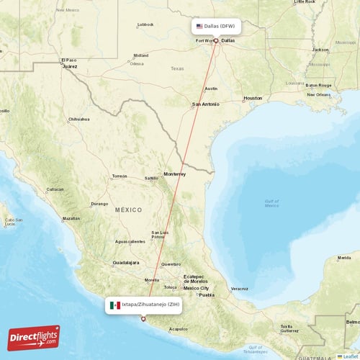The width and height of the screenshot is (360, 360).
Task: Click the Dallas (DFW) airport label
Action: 220,26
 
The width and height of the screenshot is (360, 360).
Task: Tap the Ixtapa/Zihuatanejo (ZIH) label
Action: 150,305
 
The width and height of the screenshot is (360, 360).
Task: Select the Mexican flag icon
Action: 114,305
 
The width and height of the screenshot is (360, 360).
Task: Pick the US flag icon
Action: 199,26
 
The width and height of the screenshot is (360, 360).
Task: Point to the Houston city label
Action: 253,98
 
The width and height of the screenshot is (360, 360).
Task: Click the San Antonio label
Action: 205,104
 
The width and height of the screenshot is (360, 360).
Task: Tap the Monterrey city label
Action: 174,174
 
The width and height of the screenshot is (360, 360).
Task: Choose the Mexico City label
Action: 196,288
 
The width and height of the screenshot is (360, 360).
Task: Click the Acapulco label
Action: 178,329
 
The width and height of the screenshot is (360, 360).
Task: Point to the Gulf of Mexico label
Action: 271,204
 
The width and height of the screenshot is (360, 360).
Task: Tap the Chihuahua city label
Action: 78,119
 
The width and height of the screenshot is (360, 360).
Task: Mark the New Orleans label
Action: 318,94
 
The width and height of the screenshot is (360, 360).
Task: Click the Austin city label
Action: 211,89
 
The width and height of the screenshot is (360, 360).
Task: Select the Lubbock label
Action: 146,24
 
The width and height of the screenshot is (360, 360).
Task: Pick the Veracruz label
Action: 240,289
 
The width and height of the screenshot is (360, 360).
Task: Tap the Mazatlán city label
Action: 71,217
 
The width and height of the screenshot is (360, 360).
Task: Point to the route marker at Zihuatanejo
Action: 143,319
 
